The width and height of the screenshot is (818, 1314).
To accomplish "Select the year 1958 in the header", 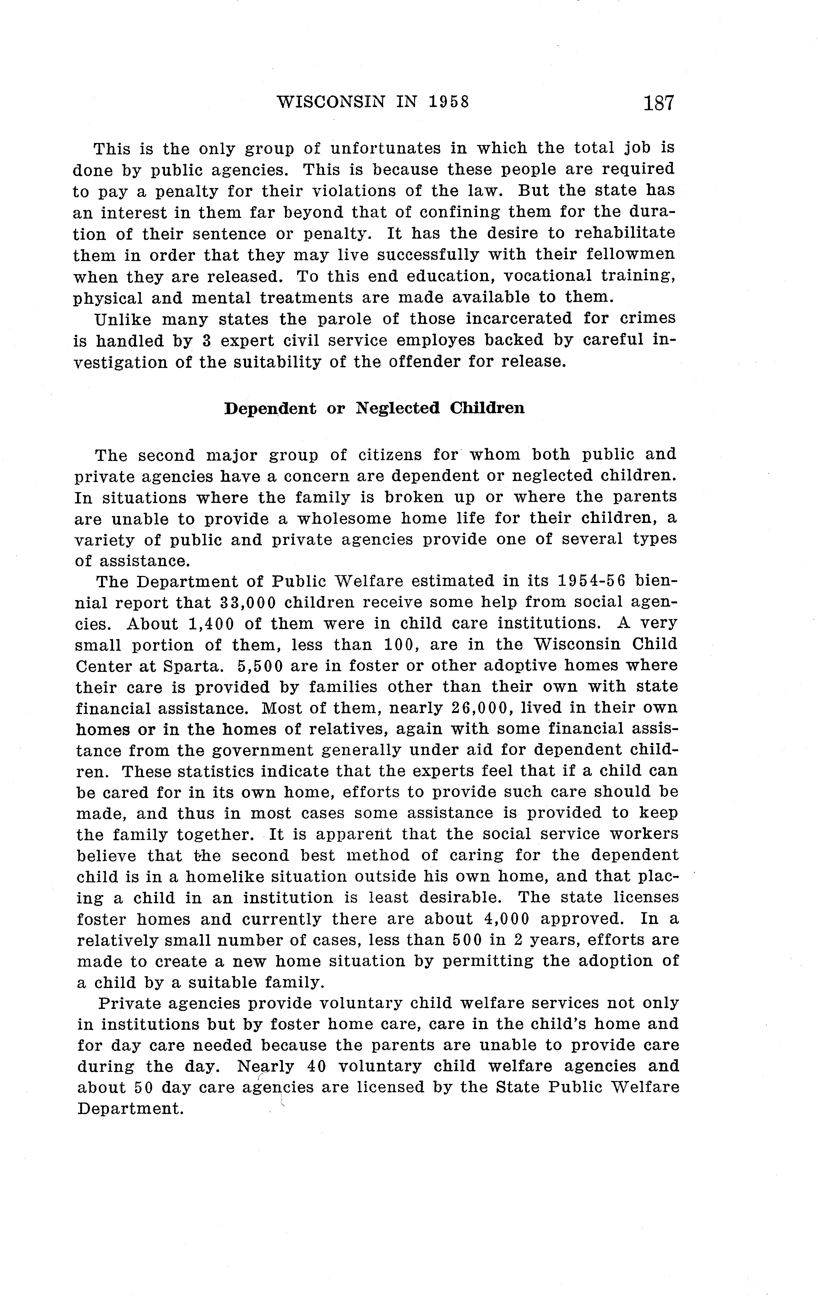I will pyautogui.click(x=448, y=102).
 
